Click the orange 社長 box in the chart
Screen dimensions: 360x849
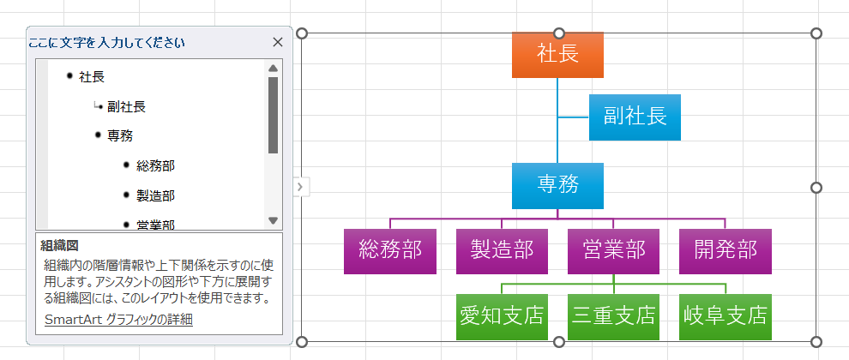(557, 55)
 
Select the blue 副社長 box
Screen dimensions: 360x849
(635, 117)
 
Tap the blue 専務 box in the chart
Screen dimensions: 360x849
(557, 185)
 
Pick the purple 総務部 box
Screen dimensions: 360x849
(390, 250)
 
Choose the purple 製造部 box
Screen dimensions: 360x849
(502, 250)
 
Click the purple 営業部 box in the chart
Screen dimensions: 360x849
(613, 250)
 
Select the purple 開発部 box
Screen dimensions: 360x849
(725, 250)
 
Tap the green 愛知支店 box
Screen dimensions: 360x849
(502, 316)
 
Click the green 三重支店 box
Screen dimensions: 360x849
(613, 316)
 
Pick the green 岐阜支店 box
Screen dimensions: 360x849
(725, 316)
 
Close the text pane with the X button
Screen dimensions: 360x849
(277, 42)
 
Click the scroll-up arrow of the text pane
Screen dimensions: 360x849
(274, 69)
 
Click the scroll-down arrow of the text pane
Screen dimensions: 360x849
(274, 220)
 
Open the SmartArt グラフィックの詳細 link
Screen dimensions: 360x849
(118, 320)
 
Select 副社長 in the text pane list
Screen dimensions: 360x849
(126, 107)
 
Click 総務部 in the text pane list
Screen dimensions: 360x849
(155, 165)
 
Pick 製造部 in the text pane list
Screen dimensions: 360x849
(155, 196)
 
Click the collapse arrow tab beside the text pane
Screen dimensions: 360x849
(300, 187)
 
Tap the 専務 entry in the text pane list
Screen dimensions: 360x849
(120, 135)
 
